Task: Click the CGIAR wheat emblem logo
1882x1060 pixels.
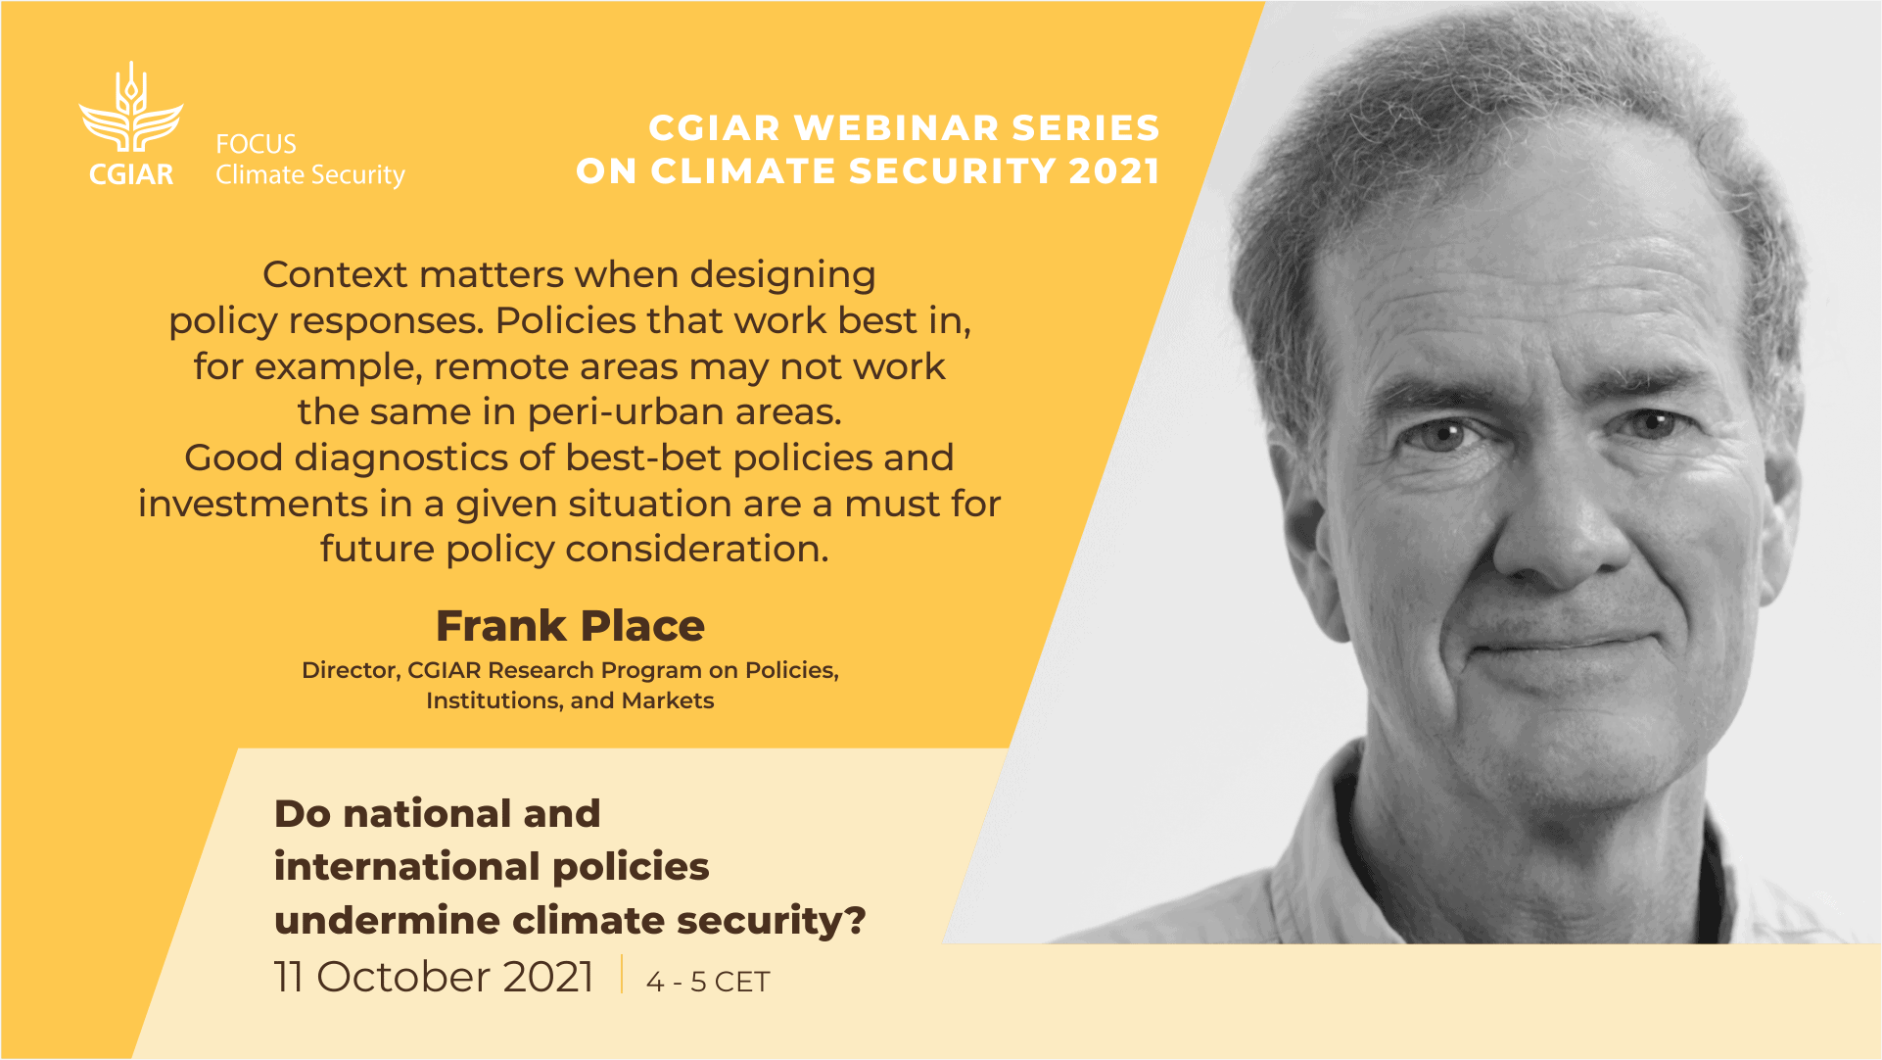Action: click(x=131, y=107)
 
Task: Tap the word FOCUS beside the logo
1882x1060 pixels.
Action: click(x=256, y=144)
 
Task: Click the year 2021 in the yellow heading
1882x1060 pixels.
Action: click(x=1114, y=171)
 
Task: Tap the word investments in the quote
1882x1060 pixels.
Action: click(x=253, y=504)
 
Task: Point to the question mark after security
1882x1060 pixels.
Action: click(x=856, y=921)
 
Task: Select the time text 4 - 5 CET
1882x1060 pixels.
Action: click(x=708, y=982)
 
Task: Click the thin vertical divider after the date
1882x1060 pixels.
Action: click(x=622, y=975)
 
